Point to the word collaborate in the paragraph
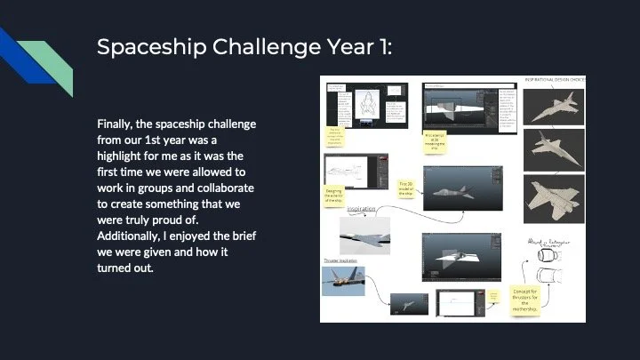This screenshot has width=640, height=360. [x=218, y=188]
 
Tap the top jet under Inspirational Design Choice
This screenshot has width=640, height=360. [x=554, y=108]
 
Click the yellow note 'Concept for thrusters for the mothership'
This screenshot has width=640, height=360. [x=531, y=300]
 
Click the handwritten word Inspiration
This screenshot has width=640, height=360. [x=361, y=209]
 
